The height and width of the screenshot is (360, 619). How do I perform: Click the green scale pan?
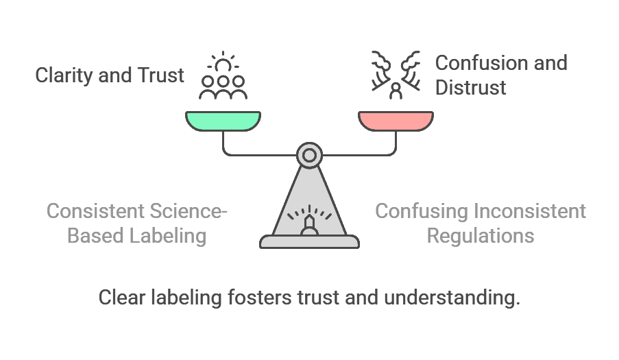coord(223,121)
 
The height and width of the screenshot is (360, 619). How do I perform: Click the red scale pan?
coord(396,121)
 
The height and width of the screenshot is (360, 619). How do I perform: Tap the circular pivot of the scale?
coord(309,155)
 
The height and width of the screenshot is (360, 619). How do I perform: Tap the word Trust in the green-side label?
coord(160,75)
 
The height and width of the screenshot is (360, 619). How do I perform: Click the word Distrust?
coord(471,87)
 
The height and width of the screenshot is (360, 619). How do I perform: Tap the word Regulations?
coord(480,235)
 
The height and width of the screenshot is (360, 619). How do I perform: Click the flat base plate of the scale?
coord(309,241)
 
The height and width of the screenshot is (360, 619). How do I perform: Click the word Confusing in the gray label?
coord(419,211)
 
